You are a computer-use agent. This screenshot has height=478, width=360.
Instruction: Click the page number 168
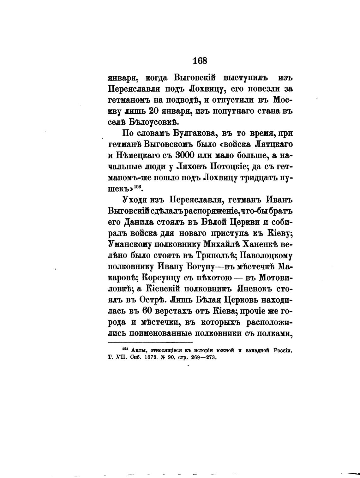click(x=200, y=60)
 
